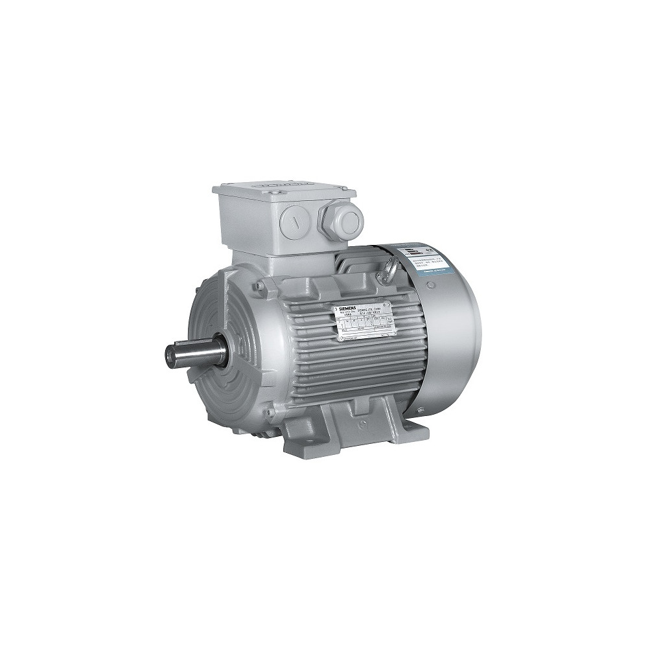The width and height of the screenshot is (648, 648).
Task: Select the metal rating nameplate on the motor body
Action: [364, 322]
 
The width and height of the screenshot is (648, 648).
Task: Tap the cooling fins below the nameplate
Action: [350, 376]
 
